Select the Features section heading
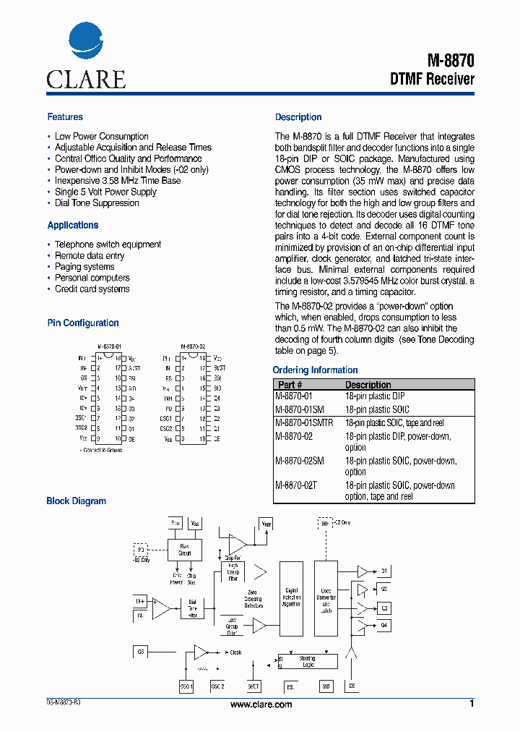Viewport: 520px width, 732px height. [x=65, y=117]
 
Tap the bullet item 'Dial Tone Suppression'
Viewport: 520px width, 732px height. [x=97, y=203]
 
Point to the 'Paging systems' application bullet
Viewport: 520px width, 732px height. [x=84, y=267]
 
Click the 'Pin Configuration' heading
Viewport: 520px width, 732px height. [x=83, y=323]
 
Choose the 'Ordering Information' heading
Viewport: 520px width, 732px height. [x=315, y=370]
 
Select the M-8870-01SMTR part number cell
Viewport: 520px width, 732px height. [x=304, y=422]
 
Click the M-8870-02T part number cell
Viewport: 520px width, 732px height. [x=297, y=485]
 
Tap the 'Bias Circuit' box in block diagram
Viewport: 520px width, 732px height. [x=185, y=550]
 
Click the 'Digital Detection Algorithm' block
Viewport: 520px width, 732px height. [x=290, y=597]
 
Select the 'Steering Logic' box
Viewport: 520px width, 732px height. [x=308, y=661]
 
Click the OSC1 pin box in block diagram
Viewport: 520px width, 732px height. [x=186, y=686]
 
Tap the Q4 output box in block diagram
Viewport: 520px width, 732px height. [x=384, y=625]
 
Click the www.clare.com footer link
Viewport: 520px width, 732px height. [x=261, y=705]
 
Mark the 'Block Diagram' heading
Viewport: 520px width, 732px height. [x=76, y=501]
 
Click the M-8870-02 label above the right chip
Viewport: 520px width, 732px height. [x=194, y=346]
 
